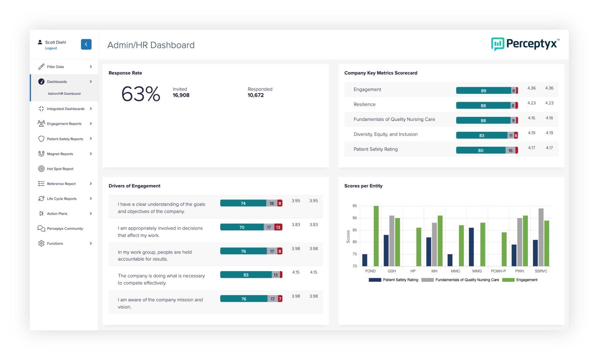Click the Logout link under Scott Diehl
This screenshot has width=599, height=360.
pos(51,48)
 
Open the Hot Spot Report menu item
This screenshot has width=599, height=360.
pos(60,169)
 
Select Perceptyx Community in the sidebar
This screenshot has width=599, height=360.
pos(65,229)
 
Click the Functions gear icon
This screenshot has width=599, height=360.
pos(41,243)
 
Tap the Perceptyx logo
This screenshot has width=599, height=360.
pos(525,44)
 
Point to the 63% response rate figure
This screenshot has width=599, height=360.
pos(141,94)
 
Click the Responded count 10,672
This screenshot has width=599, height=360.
pos(256,95)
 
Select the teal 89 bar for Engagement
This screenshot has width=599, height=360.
pos(483,90)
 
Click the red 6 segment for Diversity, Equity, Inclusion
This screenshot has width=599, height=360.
pos(516,135)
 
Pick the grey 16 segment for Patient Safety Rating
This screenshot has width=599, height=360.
pos(510,150)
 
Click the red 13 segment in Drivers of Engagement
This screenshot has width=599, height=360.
pos(278,227)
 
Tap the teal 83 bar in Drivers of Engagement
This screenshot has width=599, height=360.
pos(246,275)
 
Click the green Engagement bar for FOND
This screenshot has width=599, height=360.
pos(376,236)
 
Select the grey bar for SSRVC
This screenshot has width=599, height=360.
pos(541,237)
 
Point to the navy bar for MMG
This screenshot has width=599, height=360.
pos(471,247)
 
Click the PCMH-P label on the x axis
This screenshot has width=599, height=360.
pos(498,271)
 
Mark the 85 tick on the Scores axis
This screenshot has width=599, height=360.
pos(355,230)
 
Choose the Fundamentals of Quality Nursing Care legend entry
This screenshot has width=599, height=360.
pos(467,280)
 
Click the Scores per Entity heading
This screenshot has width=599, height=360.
pos(363,186)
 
